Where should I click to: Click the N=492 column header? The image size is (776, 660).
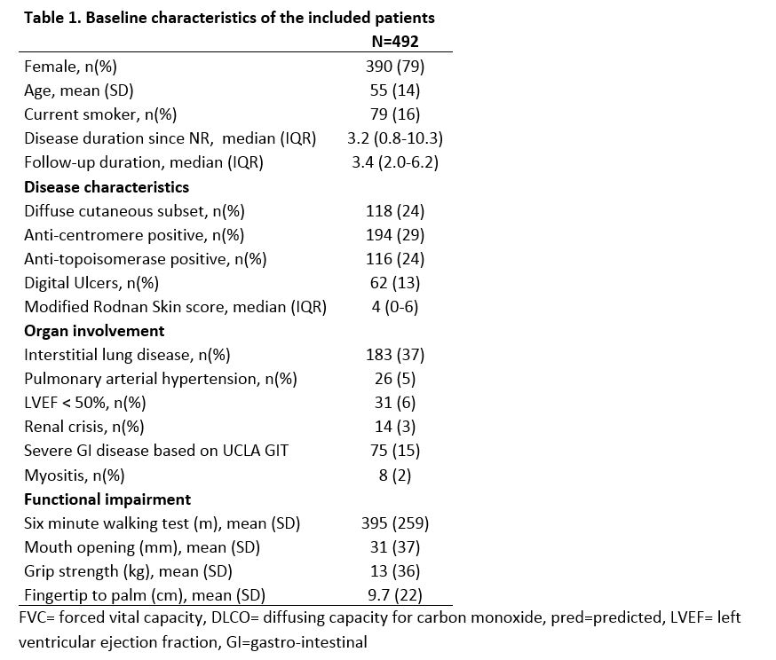tap(395, 42)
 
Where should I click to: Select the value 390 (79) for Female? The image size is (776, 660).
tap(395, 67)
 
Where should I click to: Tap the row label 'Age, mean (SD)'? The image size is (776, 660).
tap(79, 90)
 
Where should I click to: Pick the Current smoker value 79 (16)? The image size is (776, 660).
tap(395, 114)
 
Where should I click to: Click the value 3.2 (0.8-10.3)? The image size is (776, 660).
tap(395, 138)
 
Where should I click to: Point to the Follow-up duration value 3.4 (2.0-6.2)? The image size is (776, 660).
tap(395, 162)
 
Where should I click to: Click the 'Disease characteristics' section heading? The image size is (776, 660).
tap(107, 187)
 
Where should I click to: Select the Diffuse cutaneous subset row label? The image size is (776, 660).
tap(134, 211)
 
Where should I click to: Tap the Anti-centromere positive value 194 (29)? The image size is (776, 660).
tap(395, 235)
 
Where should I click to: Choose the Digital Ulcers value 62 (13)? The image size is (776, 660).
tap(395, 283)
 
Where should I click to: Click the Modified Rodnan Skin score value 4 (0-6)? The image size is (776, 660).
tap(395, 307)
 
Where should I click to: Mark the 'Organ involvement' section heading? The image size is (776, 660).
tap(94, 331)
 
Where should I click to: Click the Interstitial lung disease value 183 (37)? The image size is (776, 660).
tap(395, 355)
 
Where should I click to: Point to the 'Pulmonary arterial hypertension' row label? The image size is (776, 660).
tap(161, 379)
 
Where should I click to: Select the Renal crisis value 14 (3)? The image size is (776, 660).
tap(395, 427)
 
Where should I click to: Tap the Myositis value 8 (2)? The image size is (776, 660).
tap(395, 475)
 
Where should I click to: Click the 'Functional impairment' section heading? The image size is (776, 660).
tap(107, 499)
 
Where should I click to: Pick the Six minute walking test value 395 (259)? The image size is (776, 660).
tap(395, 523)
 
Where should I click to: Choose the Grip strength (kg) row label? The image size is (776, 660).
tap(129, 571)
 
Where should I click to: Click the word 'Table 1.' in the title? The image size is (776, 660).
tap(51, 18)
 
